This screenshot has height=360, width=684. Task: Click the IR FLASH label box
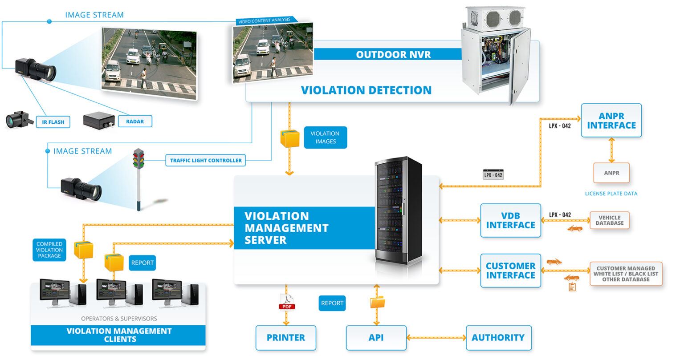pos(53,122)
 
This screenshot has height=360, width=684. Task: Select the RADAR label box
pos(134,121)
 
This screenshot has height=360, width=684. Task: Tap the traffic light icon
pos(139,159)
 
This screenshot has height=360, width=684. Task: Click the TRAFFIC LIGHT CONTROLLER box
pos(205,160)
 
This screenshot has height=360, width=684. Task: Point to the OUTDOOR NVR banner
pos(393,55)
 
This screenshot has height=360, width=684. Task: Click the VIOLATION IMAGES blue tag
pos(325,138)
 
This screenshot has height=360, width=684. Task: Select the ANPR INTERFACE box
pos(611,121)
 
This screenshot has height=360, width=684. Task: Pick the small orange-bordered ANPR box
pos(611,173)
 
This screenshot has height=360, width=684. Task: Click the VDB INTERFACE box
pos(510,221)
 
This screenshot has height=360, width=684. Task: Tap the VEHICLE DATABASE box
pos(609,220)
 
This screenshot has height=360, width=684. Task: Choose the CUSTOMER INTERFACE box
pos(510,271)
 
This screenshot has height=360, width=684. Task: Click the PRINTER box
pos(286,338)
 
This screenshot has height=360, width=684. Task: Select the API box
pos(376,338)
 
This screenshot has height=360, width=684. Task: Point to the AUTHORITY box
pos(498,338)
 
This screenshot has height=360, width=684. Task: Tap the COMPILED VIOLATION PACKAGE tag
pos(49,250)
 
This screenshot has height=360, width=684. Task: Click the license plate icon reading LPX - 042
pos(493,175)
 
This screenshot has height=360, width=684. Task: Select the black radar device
pos(99,120)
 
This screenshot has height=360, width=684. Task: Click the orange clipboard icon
pos(572,287)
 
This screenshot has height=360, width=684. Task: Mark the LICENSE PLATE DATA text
pos(611,194)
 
